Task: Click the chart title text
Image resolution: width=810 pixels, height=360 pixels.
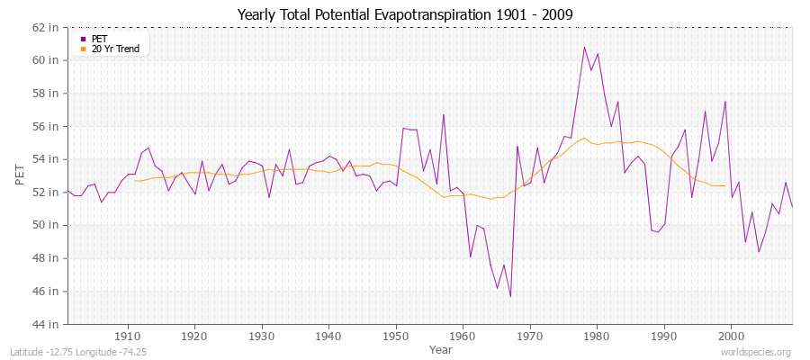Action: [404, 15]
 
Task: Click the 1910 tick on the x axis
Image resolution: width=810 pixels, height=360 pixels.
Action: [127, 336]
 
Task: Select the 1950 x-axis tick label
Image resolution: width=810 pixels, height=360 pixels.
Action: [395, 336]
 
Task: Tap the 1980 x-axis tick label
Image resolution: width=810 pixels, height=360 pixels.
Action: [597, 336]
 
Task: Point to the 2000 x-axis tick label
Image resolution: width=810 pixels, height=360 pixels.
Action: [731, 336]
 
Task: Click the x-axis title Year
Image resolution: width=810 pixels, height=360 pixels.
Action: [441, 348]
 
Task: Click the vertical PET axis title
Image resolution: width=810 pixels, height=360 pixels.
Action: [20, 175]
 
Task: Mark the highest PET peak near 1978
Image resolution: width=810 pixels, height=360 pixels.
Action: [584, 47]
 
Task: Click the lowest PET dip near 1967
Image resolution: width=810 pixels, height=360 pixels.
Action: [510, 296]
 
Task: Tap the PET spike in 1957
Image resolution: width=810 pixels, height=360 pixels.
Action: [444, 114]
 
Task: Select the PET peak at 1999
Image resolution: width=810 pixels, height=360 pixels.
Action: [724, 102]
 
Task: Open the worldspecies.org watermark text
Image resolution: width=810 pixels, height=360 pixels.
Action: [755, 352]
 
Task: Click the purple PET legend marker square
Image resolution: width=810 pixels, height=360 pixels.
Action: [83, 39]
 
